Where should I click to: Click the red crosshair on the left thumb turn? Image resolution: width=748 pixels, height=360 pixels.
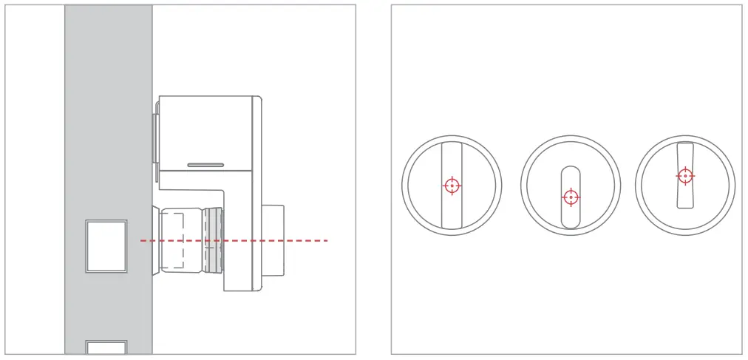pyautogui.click(x=452, y=186)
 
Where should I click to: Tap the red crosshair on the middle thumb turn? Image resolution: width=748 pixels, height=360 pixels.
pyautogui.click(x=570, y=197)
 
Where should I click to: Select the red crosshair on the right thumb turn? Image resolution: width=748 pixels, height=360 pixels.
pyautogui.click(x=685, y=176)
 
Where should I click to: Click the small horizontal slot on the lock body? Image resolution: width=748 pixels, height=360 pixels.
pyautogui.click(x=206, y=164)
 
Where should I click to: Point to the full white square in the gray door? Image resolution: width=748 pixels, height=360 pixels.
pyautogui.click(x=106, y=246)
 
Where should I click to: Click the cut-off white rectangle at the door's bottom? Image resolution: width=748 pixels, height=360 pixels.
pyautogui.click(x=106, y=347)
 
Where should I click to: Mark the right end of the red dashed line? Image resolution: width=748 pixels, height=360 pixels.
pyautogui.click(x=326, y=240)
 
